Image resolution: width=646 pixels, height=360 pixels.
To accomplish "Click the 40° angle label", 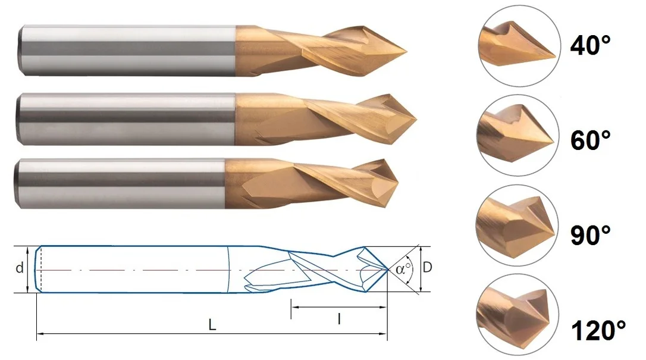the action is coord(590,45).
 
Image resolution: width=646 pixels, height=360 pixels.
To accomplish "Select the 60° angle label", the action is coord(590,140).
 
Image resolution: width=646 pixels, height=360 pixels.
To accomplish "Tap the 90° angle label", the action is coord(590,235).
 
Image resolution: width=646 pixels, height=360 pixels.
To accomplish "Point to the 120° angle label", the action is coord(598,330).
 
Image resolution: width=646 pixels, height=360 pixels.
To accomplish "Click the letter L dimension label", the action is coord(212,325).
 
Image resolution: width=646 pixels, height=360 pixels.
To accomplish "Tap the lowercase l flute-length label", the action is coord(339,318).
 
